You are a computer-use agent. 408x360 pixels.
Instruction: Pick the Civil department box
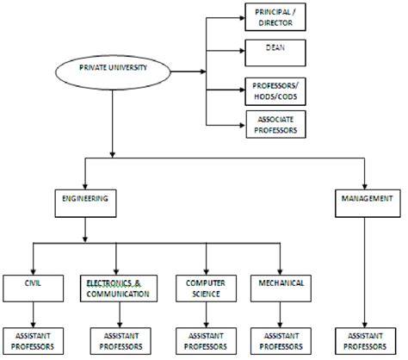pos(33,287)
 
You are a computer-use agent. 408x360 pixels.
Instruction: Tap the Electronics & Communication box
pos(117,287)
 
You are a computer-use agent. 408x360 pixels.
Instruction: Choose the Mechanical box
pos(277,287)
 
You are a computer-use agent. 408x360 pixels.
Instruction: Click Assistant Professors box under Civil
pos(33,340)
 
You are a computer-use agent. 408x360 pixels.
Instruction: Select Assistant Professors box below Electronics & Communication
pos(117,340)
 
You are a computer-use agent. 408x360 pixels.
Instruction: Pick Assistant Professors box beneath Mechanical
pos(277,340)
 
